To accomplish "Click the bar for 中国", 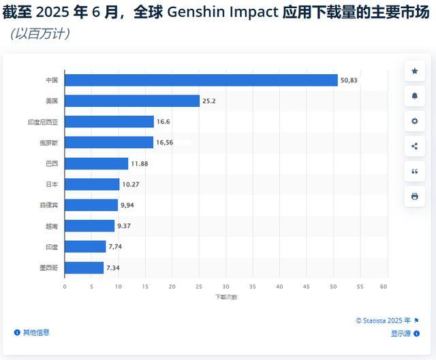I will (x=201, y=80).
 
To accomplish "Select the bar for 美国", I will (x=132, y=101).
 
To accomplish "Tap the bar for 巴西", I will (x=96, y=163).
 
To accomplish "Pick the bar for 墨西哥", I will (x=84, y=267).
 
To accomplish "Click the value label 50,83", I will (x=348, y=80).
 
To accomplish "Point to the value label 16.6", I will (x=163, y=122).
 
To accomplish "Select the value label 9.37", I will (x=124, y=226).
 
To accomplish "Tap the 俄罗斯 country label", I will (x=48, y=143).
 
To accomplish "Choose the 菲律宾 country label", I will (x=48, y=205).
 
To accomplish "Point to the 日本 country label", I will (x=52, y=184).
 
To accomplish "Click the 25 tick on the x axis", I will (x=198, y=287).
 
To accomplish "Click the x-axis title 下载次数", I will (x=226, y=297).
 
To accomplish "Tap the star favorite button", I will (x=414, y=71).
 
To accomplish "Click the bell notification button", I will (x=414, y=96).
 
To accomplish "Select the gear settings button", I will (x=414, y=121).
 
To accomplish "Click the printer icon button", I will (x=414, y=196).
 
